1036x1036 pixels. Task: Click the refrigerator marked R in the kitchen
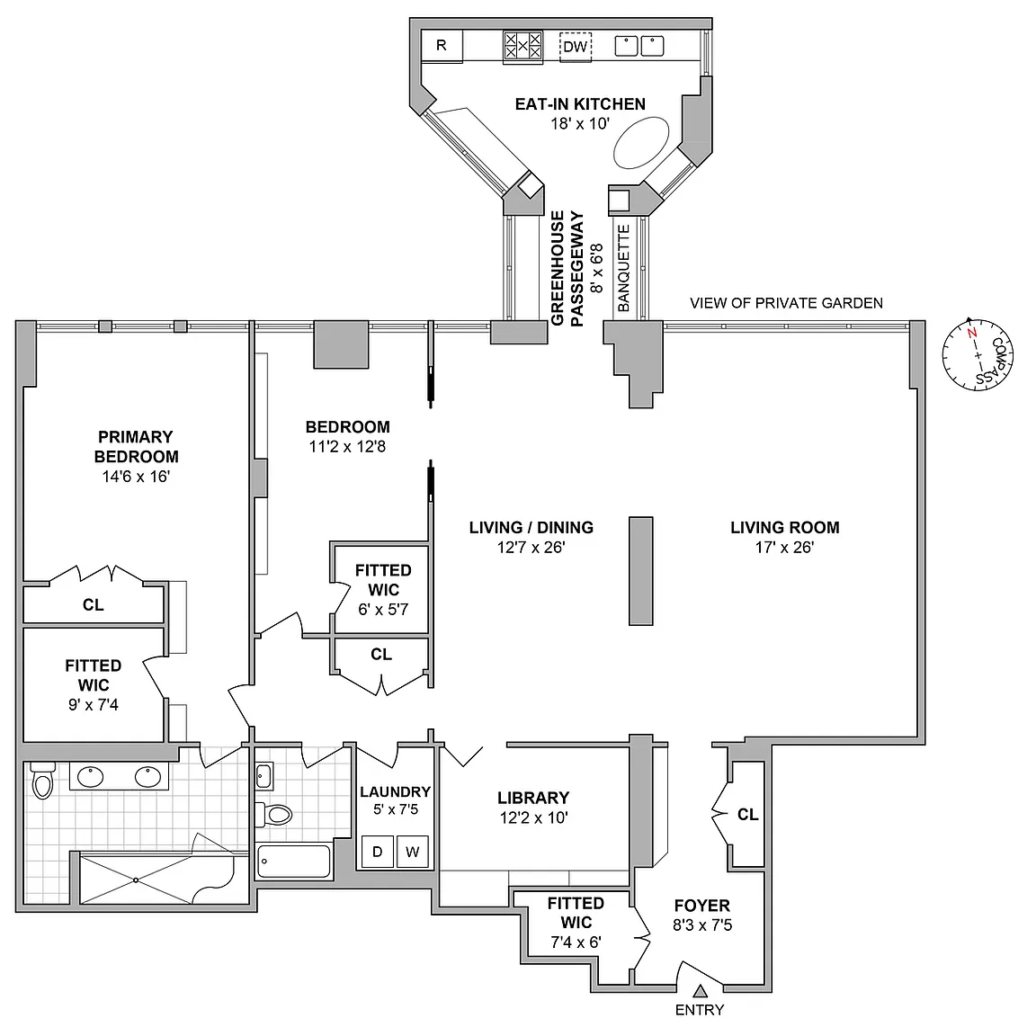point(442,46)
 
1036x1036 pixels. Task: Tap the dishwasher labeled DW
point(576,47)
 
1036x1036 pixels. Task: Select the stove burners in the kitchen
point(522,46)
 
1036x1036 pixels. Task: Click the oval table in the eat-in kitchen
point(641,142)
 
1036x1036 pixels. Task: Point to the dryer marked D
point(378,852)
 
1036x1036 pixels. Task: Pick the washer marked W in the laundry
point(413,852)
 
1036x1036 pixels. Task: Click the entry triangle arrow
point(701,991)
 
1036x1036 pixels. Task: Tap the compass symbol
point(978,354)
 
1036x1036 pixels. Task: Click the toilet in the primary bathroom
point(43,780)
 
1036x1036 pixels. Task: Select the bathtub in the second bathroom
point(293,861)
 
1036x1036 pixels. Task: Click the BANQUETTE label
point(624,268)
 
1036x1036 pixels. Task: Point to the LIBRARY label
point(533,798)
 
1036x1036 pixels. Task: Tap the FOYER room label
point(702,906)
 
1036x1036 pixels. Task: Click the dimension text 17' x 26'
point(785,547)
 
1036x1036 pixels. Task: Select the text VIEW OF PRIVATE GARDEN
point(786,303)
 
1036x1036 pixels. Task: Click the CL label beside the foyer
point(748,815)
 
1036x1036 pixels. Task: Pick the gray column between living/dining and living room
point(641,571)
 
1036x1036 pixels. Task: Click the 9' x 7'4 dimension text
point(94,705)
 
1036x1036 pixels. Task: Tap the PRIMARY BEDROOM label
point(136,447)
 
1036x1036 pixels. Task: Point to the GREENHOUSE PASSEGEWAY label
point(567,268)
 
